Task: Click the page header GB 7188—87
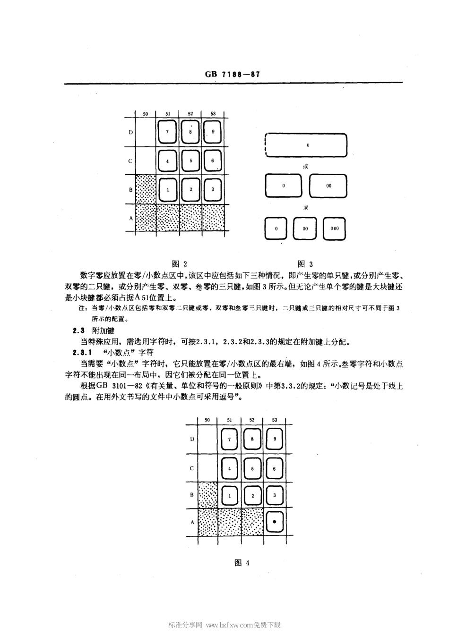click(233, 74)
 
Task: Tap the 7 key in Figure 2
click(167, 132)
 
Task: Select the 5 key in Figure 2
click(190, 161)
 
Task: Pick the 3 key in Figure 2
click(213, 189)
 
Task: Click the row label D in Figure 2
click(130, 132)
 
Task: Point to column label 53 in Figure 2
click(213, 114)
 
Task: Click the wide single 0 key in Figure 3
click(308, 145)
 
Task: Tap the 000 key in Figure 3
click(334, 229)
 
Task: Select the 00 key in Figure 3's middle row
click(328, 186)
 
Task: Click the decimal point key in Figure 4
click(275, 522)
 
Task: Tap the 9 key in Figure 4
click(275, 439)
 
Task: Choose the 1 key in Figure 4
click(230, 496)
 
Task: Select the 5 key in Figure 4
click(252, 468)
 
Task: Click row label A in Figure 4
click(192, 523)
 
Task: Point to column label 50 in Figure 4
click(207, 420)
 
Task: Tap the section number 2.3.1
click(81, 352)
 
